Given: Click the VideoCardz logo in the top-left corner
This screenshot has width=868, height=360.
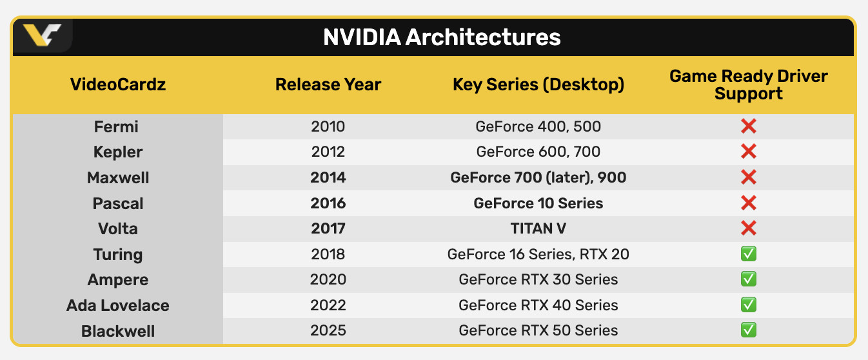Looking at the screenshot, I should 42,35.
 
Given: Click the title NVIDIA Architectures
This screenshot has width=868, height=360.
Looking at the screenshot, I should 442,37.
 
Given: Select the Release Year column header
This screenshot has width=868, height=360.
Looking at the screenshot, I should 328,85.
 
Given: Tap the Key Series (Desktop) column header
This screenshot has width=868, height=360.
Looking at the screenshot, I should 538,85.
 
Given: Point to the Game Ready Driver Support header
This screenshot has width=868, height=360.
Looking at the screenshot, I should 748,85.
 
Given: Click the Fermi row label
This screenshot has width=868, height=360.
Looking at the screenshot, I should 116,126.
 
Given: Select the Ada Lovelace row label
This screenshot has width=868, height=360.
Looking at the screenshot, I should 118,305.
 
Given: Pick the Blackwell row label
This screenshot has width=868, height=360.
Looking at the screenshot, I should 118,331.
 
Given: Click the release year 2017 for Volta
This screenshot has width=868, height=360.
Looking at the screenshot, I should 328,229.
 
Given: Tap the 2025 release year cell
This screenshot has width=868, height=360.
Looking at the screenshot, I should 328,331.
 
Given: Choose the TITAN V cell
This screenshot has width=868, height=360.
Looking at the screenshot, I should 538,229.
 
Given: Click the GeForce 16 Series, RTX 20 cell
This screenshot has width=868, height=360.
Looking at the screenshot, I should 538,254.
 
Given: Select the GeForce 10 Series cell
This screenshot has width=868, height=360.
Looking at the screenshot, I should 538,203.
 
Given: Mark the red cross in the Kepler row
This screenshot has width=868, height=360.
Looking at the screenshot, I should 748,152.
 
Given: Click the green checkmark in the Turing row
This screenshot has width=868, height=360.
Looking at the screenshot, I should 748,254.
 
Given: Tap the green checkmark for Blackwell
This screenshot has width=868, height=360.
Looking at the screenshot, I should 748,330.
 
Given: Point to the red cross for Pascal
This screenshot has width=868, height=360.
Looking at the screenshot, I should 748,203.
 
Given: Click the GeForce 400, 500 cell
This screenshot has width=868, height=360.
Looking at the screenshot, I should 538,126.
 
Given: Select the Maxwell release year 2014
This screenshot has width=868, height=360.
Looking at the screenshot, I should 328,177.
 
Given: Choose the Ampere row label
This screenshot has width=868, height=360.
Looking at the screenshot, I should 118,280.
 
